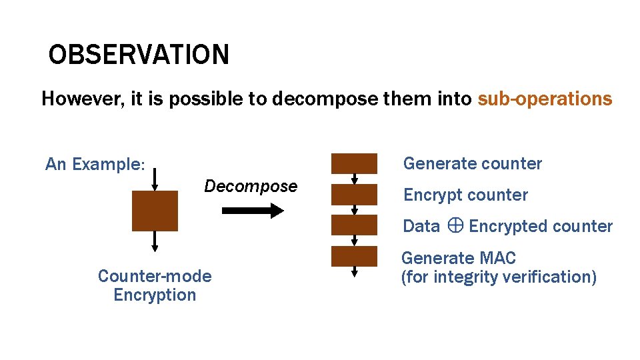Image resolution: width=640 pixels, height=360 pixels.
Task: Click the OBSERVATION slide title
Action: (139, 55)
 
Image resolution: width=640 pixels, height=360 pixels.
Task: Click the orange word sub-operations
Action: (545, 99)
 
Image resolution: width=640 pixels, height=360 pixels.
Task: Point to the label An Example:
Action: (95, 164)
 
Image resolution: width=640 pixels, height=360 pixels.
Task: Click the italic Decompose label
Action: (251, 186)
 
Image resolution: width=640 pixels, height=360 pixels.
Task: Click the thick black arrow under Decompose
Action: (253, 211)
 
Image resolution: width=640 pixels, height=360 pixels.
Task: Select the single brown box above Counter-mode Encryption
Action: (155, 211)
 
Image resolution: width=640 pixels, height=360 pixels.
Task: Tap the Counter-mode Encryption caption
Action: (155, 285)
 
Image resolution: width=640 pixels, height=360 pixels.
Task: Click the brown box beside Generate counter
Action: (355, 163)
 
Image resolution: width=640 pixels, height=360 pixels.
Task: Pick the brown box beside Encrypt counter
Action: (355, 195)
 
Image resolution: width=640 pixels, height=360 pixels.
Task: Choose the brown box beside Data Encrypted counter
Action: (355, 225)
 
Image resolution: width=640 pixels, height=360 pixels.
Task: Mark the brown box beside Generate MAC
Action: (355, 257)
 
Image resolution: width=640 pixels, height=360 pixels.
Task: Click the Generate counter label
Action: (473, 163)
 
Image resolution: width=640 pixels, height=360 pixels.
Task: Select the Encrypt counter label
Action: (465, 195)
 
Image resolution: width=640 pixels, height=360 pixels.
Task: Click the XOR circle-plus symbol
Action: (454, 226)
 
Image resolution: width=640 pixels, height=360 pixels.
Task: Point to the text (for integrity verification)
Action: (499, 277)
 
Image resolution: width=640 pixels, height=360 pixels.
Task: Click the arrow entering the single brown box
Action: (155, 179)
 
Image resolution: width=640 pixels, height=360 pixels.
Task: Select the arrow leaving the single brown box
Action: (155, 241)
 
